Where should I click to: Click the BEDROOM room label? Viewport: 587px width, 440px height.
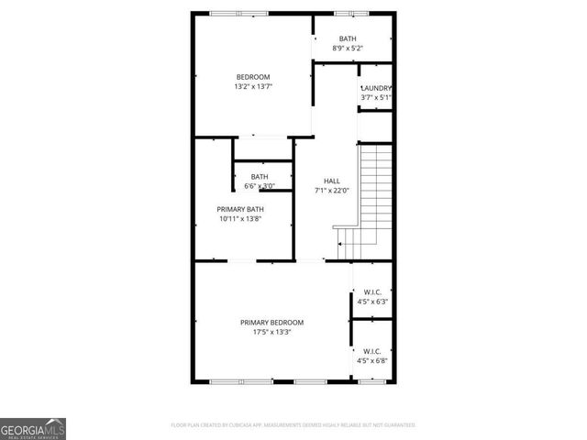(x=253, y=76)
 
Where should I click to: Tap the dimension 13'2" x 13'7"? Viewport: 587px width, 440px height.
(x=253, y=86)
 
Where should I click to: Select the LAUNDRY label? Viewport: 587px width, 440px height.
(x=376, y=88)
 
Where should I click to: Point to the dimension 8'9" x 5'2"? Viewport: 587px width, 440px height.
(x=348, y=48)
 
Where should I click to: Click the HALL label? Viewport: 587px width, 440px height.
(x=331, y=181)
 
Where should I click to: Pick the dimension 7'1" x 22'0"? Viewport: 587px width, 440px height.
(x=331, y=191)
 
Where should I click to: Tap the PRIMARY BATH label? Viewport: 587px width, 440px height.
(x=240, y=209)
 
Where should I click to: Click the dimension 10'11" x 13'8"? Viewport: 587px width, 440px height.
(x=240, y=219)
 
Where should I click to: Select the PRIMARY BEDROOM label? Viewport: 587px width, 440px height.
(x=271, y=323)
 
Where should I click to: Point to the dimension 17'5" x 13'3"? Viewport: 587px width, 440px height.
(x=271, y=333)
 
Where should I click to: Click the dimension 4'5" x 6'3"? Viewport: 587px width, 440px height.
(x=372, y=302)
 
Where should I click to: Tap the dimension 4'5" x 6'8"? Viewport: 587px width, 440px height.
(x=372, y=360)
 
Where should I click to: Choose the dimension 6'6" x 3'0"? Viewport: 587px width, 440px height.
(x=260, y=186)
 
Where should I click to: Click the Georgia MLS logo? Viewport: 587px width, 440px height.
(x=33, y=429)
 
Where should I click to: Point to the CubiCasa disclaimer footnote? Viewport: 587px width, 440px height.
(x=293, y=425)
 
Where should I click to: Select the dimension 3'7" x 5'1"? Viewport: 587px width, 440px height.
(x=376, y=97)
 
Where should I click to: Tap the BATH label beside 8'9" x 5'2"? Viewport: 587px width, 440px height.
(x=348, y=38)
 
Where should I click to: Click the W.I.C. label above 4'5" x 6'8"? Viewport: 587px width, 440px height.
(x=372, y=350)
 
